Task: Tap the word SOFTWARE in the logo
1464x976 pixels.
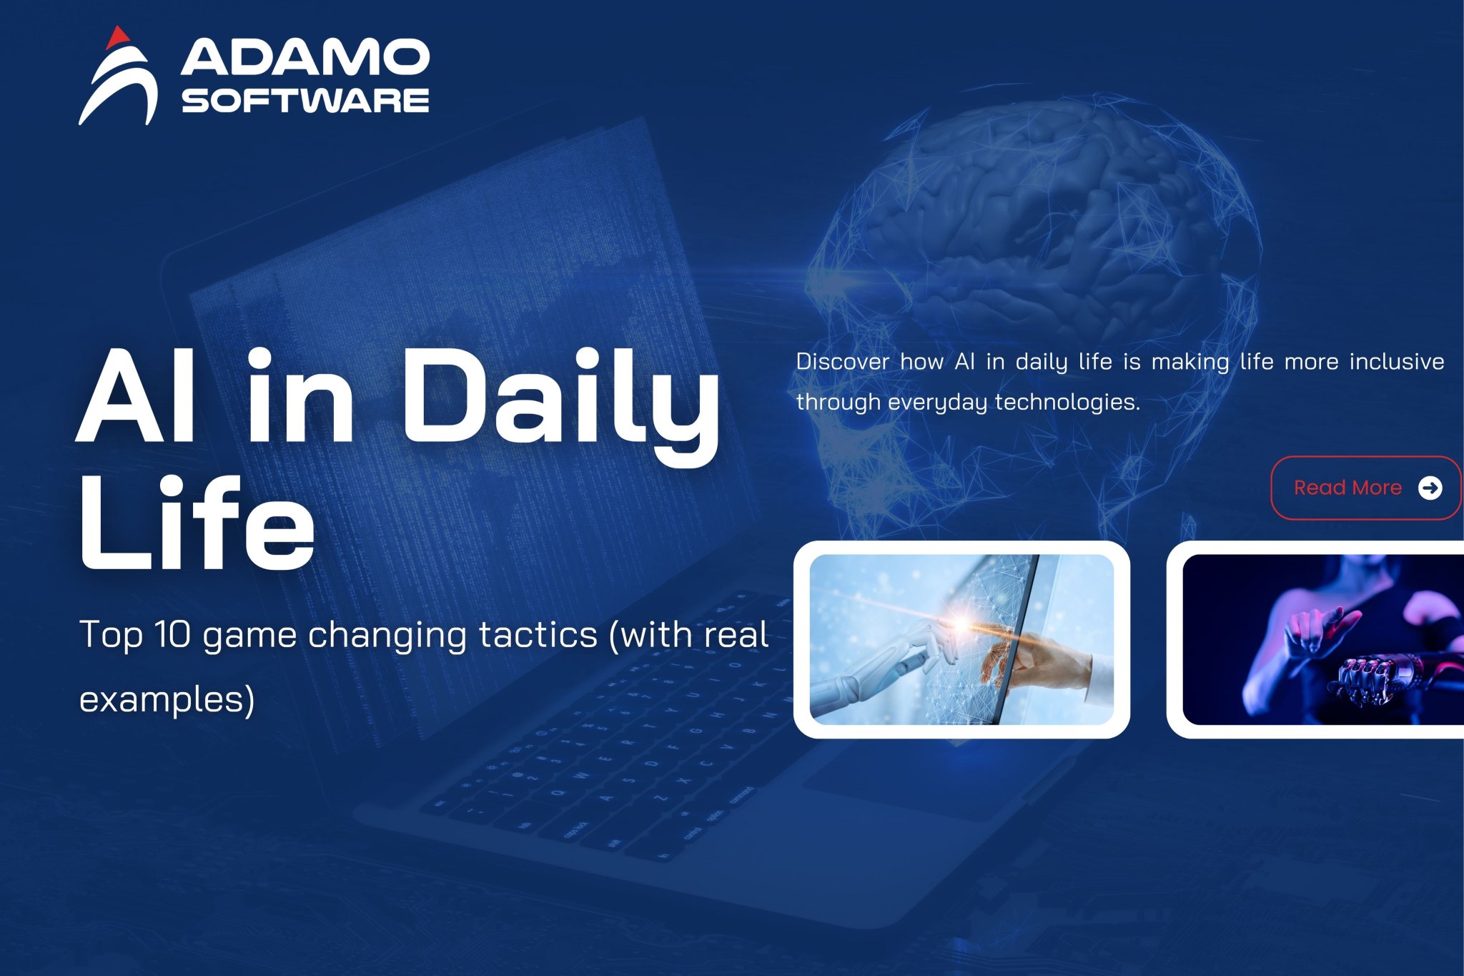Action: coord(305,101)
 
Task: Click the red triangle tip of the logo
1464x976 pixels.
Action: coord(118,36)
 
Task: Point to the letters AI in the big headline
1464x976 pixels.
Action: coord(136,398)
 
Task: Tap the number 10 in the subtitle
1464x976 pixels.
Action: coord(172,634)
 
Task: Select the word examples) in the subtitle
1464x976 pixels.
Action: coord(167,699)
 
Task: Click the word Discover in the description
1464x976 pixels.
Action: coord(843,362)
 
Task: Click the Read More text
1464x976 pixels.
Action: coord(1347,488)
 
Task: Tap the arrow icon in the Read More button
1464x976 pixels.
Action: coord(1430,488)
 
